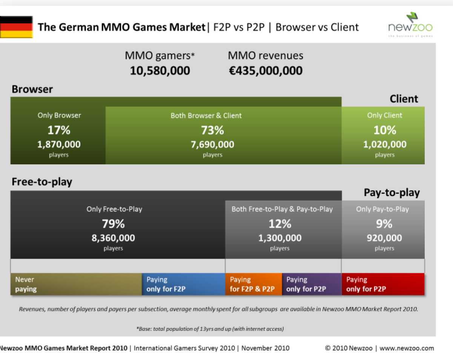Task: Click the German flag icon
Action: click(16, 27)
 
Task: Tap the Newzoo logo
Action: click(410, 25)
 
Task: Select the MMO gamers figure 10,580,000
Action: click(160, 70)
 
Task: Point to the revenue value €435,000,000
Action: click(266, 70)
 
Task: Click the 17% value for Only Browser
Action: click(59, 130)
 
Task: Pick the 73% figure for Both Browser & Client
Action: click(212, 130)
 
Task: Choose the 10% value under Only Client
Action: click(385, 130)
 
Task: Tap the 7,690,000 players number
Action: click(212, 144)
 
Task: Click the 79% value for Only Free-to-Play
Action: click(113, 224)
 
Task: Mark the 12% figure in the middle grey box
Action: click(280, 224)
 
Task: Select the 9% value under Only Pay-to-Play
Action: click(384, 224)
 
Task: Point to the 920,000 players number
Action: click(384, 238)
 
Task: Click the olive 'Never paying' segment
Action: click(76, 284)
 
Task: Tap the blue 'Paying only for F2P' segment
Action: click(183, 284)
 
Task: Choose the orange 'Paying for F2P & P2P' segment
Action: click(253, 284)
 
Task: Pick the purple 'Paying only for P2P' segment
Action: click(312, 284)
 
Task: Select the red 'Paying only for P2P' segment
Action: click(383, 284)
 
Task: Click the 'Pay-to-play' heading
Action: click(392, 193)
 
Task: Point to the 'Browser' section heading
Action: click(32, 89)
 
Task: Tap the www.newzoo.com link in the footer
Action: click(407, 348)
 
